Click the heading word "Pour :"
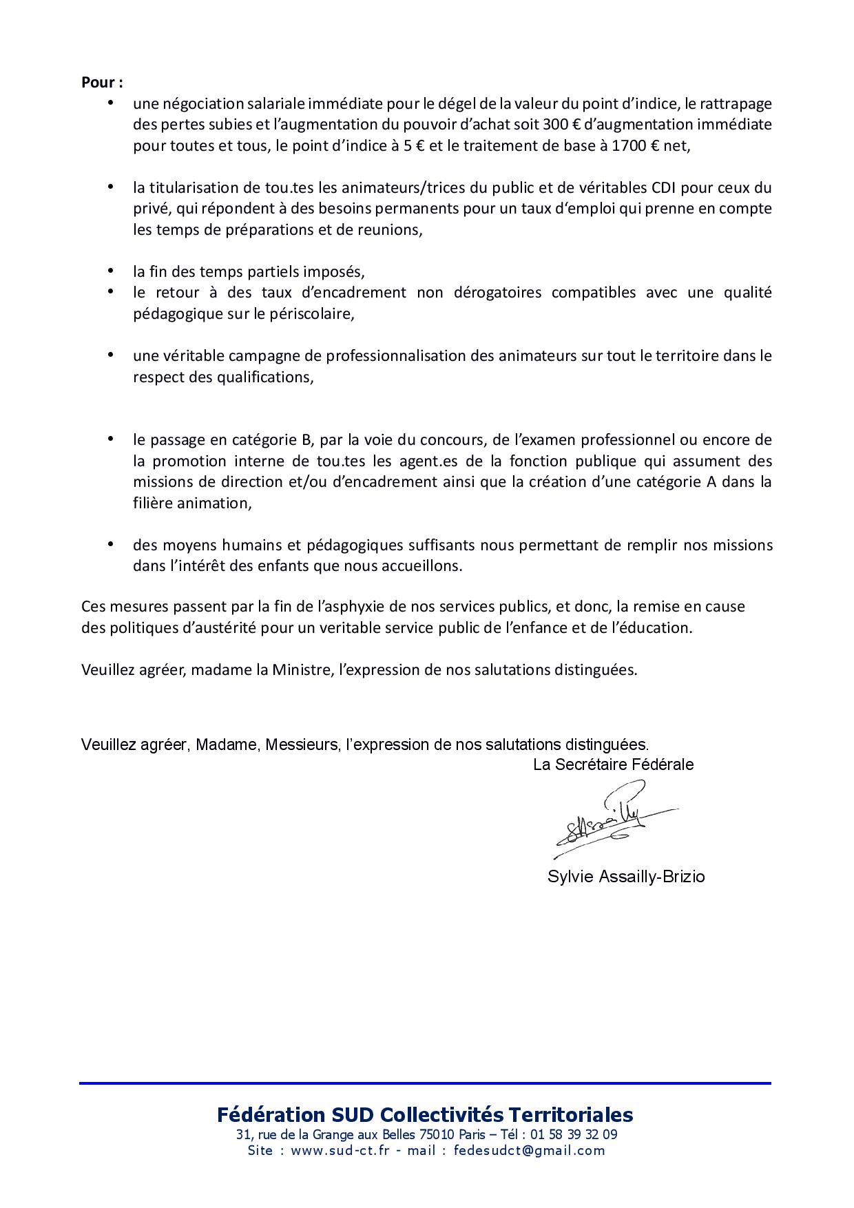click(102, 82)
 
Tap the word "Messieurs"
click(303, 744)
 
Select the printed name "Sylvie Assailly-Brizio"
click(626, 877)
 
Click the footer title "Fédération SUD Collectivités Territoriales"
click(425, 1114)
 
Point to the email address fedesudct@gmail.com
click(529, 1150)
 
